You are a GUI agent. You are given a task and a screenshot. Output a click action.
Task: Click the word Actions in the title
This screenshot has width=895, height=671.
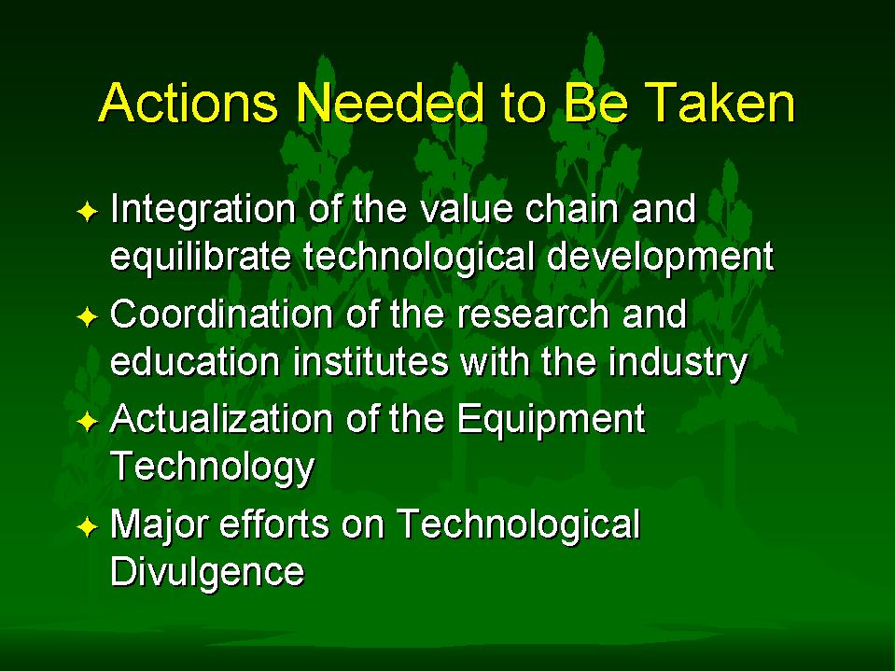tap(189, 103)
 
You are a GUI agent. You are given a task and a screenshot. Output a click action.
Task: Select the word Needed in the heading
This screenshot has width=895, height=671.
tap(390, 103)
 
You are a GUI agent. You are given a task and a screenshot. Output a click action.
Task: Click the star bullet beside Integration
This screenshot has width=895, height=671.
tap(88, 211)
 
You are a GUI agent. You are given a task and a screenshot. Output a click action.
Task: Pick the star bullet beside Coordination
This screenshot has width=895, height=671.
tap(88, 316)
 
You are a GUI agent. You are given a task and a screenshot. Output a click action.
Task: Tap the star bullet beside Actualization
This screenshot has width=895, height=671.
tap(88, 422)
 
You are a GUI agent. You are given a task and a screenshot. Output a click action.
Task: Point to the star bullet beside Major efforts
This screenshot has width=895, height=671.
tap(88, 526)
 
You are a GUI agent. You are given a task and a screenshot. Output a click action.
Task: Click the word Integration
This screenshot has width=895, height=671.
tap(203, 211)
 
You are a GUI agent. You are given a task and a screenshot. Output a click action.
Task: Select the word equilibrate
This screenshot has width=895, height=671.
tap(201, 258)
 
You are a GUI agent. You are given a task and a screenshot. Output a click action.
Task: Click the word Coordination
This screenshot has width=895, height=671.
tap(222, 315)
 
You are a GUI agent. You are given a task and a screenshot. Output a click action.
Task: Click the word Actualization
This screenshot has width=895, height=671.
tap(222, 420)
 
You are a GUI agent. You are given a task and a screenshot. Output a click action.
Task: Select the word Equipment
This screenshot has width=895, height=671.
tap(551, 422)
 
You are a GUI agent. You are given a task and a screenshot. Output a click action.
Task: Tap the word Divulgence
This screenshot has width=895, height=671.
tap(207, 573)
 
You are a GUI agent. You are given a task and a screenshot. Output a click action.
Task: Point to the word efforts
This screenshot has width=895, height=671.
tap(274, 524)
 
